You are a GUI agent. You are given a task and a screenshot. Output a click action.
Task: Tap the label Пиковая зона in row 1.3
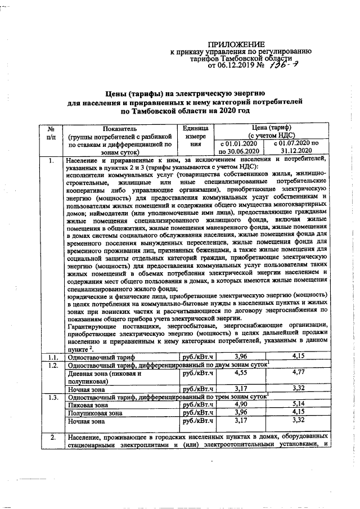click(x=88, y=404)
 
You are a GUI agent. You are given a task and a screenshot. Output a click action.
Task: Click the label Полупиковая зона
click(x=94, y=412)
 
